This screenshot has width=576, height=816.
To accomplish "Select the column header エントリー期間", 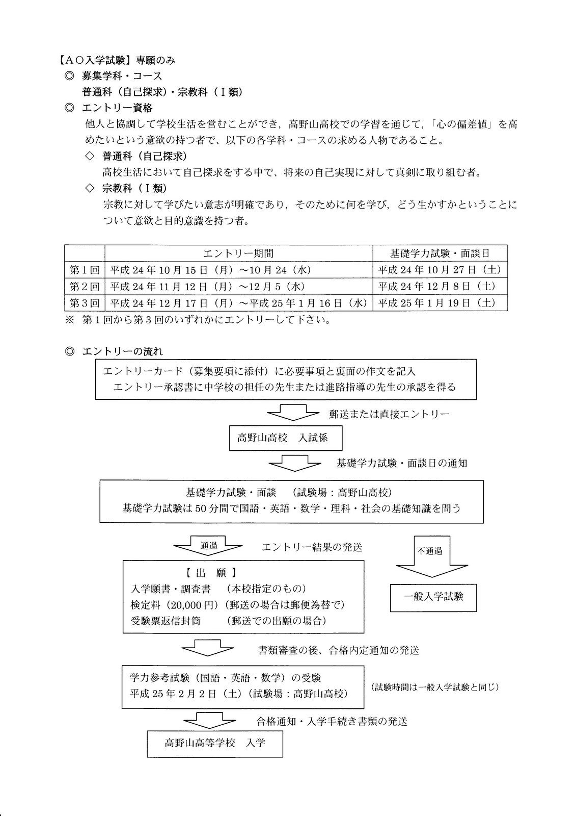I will tap(238, 253).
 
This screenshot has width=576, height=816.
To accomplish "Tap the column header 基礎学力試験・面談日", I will tap(440, 253).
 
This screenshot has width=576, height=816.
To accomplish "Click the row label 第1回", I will tap(85, 270).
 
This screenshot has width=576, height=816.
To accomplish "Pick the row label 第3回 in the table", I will tap(85, 303).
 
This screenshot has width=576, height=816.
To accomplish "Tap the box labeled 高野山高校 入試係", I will tap(285, 438).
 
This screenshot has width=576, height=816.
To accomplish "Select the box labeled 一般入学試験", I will tap(433, 597).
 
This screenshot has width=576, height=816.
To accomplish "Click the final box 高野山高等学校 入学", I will tap(215, 743).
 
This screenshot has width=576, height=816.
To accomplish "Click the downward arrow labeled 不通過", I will tap(431, 553).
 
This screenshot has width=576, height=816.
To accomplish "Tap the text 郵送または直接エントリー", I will tap(389, 414).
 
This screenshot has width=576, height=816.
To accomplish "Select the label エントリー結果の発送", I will tap(312, 547).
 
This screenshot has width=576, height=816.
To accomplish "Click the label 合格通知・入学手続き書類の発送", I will tap(332, 721).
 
